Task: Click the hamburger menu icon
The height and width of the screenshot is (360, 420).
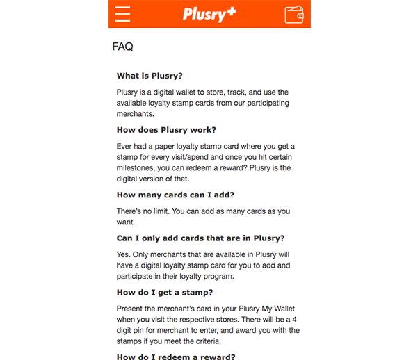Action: pyautogui.click(x=123, y=14)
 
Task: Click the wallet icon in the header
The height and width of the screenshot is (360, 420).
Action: pyautogui.click(x=294, y=14)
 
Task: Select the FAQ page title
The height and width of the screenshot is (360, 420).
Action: pyautogui.click(x=122, y=47)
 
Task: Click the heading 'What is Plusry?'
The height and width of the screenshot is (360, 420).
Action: pyautogui.click(x=154, y=76)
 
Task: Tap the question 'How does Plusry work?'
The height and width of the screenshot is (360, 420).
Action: pyautogui.click(x=166, y=130)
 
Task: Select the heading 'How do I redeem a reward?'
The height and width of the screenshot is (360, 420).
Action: pyautogui.click(x=176, y=357)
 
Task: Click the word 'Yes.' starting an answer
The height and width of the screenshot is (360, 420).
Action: pyautogui.click(x=124, y=255)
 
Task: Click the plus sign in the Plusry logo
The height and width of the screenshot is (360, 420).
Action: pyautogui.click(x=232, y=9)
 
